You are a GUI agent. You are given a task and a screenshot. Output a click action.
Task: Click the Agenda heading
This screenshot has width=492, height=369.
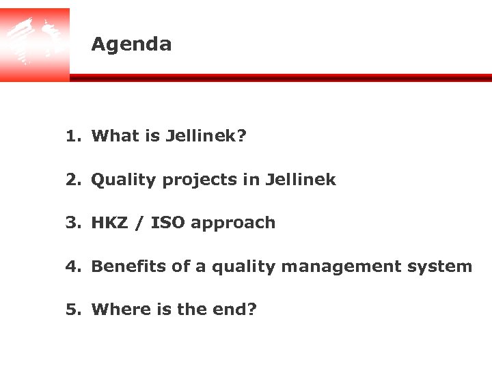pos(131,44)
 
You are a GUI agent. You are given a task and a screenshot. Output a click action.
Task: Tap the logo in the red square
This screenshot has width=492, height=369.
pos(34,42)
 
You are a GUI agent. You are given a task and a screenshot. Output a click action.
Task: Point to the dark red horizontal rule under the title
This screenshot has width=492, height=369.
pos(280,78)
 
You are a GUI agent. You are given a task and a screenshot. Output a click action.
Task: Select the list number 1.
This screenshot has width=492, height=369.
pos(72,136)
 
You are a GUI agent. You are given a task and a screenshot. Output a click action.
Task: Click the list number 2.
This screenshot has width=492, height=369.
pos(72,180)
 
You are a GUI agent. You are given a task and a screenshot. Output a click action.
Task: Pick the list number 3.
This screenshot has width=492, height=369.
pos(72,223)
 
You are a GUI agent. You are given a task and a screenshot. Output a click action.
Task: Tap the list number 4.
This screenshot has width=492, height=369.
pos(72,266)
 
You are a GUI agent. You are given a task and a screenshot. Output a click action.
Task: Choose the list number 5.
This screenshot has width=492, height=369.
pos(72,310)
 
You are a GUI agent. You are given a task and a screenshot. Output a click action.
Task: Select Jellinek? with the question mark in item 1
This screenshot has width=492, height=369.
pos(206,136)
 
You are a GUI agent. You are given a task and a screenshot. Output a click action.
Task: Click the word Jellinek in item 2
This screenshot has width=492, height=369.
pos(300,180)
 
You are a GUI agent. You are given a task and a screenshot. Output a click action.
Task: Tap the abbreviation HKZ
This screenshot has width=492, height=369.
pos(109,223)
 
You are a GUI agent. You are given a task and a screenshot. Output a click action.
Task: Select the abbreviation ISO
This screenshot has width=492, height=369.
pos(167,223)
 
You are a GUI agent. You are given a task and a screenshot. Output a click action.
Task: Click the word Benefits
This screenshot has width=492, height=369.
pos(128,266)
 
